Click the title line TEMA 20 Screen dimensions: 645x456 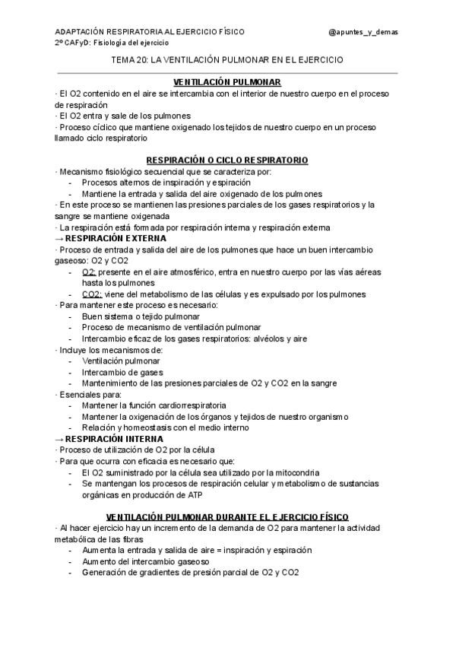click(226, 59)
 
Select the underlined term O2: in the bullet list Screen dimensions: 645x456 click(89, 272)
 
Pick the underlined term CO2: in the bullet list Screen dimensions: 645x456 click(92, 294)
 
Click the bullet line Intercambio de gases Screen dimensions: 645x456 click(122, 372)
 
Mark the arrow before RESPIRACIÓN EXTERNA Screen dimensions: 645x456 click(60, 238)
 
